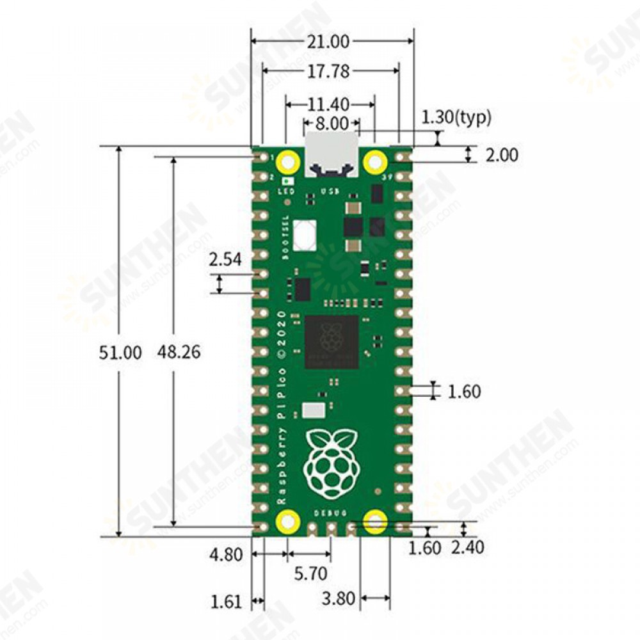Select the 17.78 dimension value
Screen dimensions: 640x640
(328, 72)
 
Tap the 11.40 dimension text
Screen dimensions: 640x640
(328, 103)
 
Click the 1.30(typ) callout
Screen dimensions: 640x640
(456, 117)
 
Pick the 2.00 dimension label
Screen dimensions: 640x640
(501, 155)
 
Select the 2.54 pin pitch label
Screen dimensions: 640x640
(225, 259)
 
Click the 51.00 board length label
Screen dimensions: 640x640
(120, 352)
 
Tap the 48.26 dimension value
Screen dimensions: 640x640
(179, 352)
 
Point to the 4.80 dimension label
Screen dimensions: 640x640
(226, 554)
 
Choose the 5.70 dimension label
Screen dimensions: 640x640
(310, 573)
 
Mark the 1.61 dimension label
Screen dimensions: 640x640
(226, 601)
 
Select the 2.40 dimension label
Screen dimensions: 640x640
(467, 547)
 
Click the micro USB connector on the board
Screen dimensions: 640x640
(331, 154)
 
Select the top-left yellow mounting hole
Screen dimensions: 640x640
(288, 161)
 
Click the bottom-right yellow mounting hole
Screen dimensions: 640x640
(374, 522)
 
